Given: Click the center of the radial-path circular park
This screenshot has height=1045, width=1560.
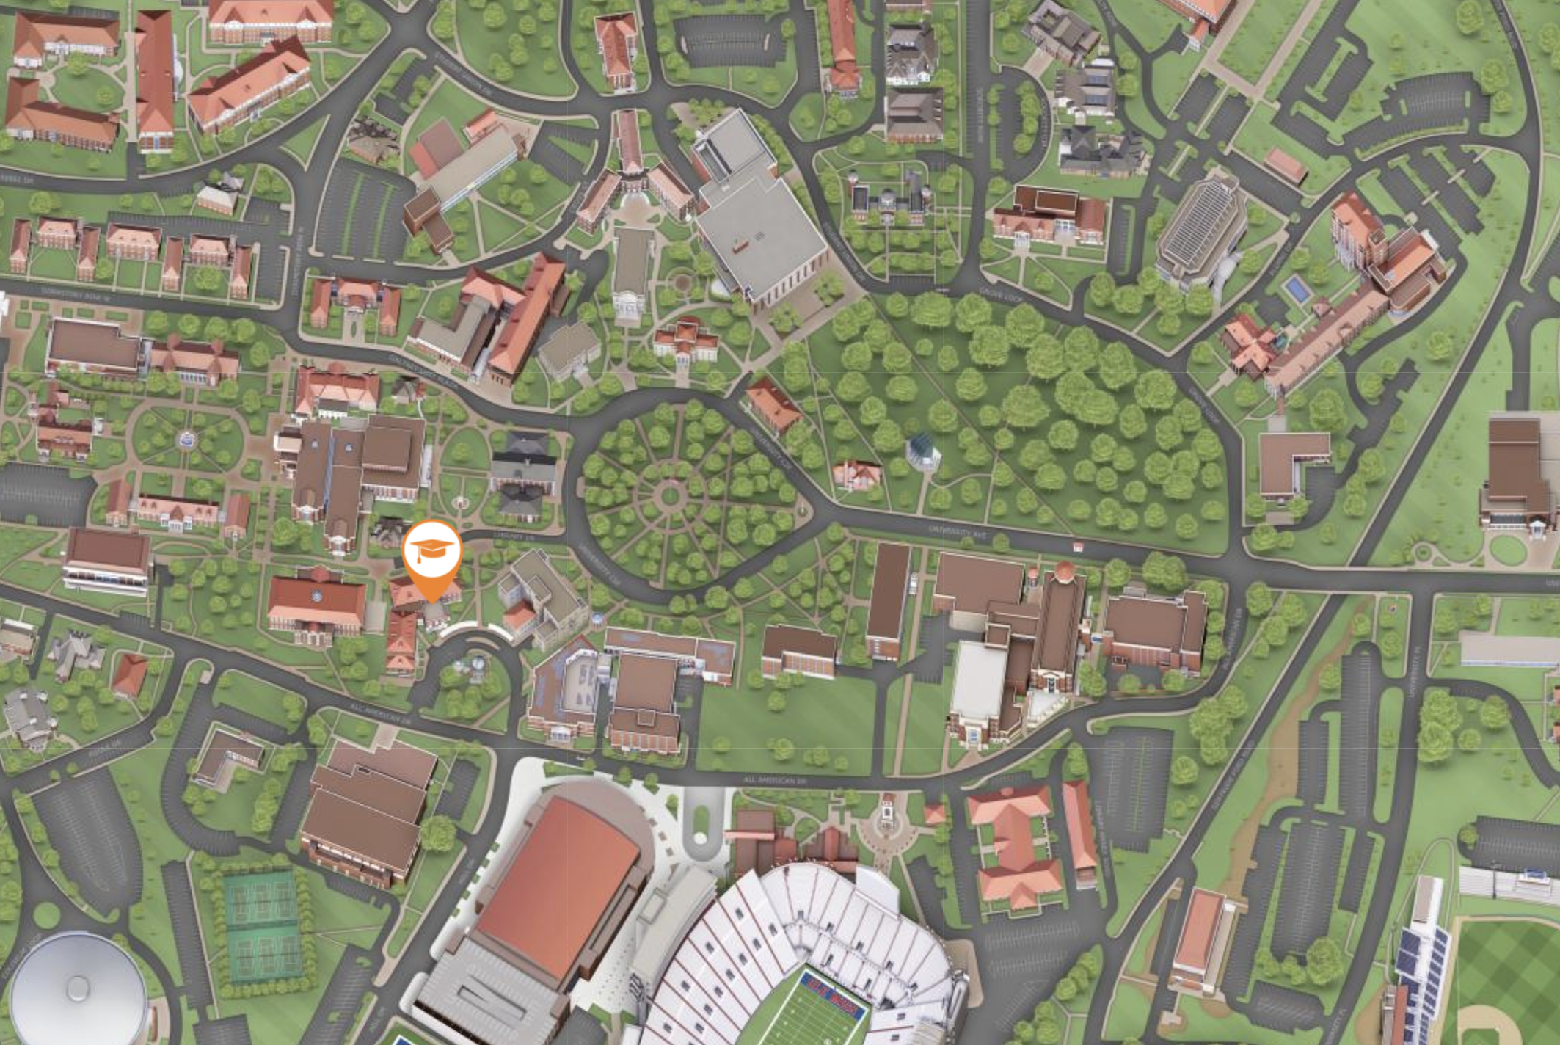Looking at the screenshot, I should [669, 497].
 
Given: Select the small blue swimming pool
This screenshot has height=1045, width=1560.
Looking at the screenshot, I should [1297, 289].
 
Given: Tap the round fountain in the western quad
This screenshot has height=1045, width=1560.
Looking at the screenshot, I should [187, 439].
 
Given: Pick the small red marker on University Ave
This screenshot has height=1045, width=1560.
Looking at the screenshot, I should [1077, 547].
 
